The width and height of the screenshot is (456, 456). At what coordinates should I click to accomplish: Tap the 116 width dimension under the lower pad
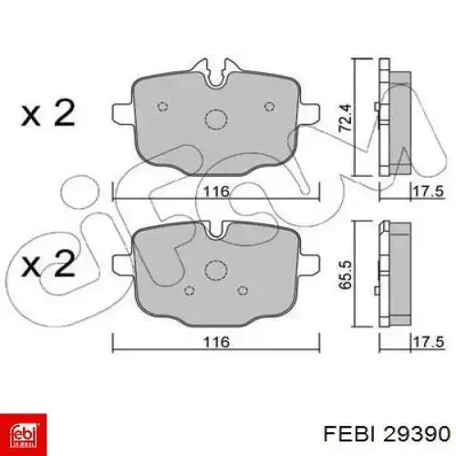(215, 342)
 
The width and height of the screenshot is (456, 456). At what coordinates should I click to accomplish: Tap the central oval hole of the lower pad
(216, 270)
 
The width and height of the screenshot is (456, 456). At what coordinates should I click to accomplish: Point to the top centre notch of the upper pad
(216, 70)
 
